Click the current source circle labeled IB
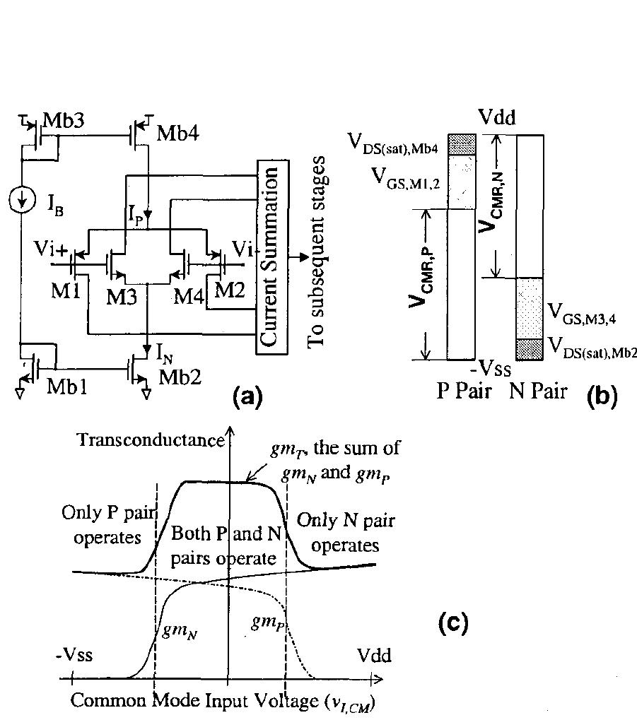click(x=22, y=201)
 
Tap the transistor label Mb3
click(x=64, y=120)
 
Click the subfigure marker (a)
click(x=247, y=397)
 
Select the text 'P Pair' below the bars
click(x=463, y=391)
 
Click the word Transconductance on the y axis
click(x=149, y=439)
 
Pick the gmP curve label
click(x=266, y=622)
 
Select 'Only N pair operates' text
click(x=346, y=533)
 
